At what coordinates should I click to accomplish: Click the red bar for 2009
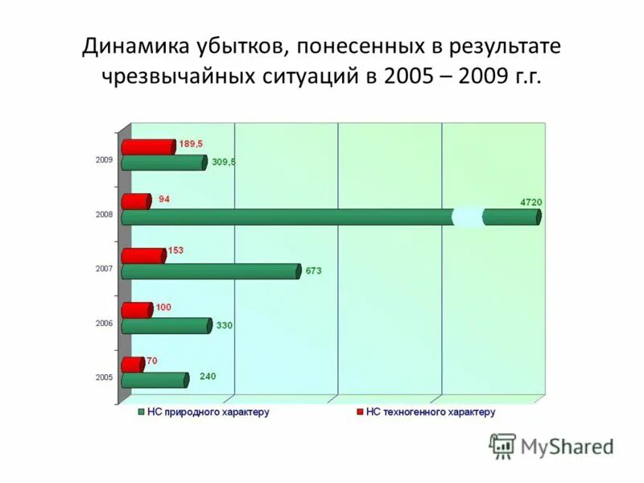coord(148,147)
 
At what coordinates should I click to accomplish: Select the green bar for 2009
coord(164,163)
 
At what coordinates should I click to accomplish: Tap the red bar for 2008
coord(136,201)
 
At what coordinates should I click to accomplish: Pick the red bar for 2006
coord(137,310)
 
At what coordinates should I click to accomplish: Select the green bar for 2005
coord(155,380)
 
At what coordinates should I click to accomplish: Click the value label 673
coord(313,271)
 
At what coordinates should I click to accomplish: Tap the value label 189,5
coord(191,143)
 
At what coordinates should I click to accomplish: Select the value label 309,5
coord(223,162)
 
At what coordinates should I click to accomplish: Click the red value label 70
coord(151,361)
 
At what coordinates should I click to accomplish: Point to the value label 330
coord(225,326)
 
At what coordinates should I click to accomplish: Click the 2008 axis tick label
coord(105,215)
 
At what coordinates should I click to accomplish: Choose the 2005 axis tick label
coord(105,377)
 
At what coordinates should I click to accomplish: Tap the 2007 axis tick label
coord(105,269)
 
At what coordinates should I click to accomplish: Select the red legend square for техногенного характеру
coord(359,412)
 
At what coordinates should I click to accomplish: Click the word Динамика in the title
coord(130,46)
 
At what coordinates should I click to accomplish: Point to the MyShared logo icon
coord(502,445)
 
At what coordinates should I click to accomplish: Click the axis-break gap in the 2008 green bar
coord(469,217)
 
